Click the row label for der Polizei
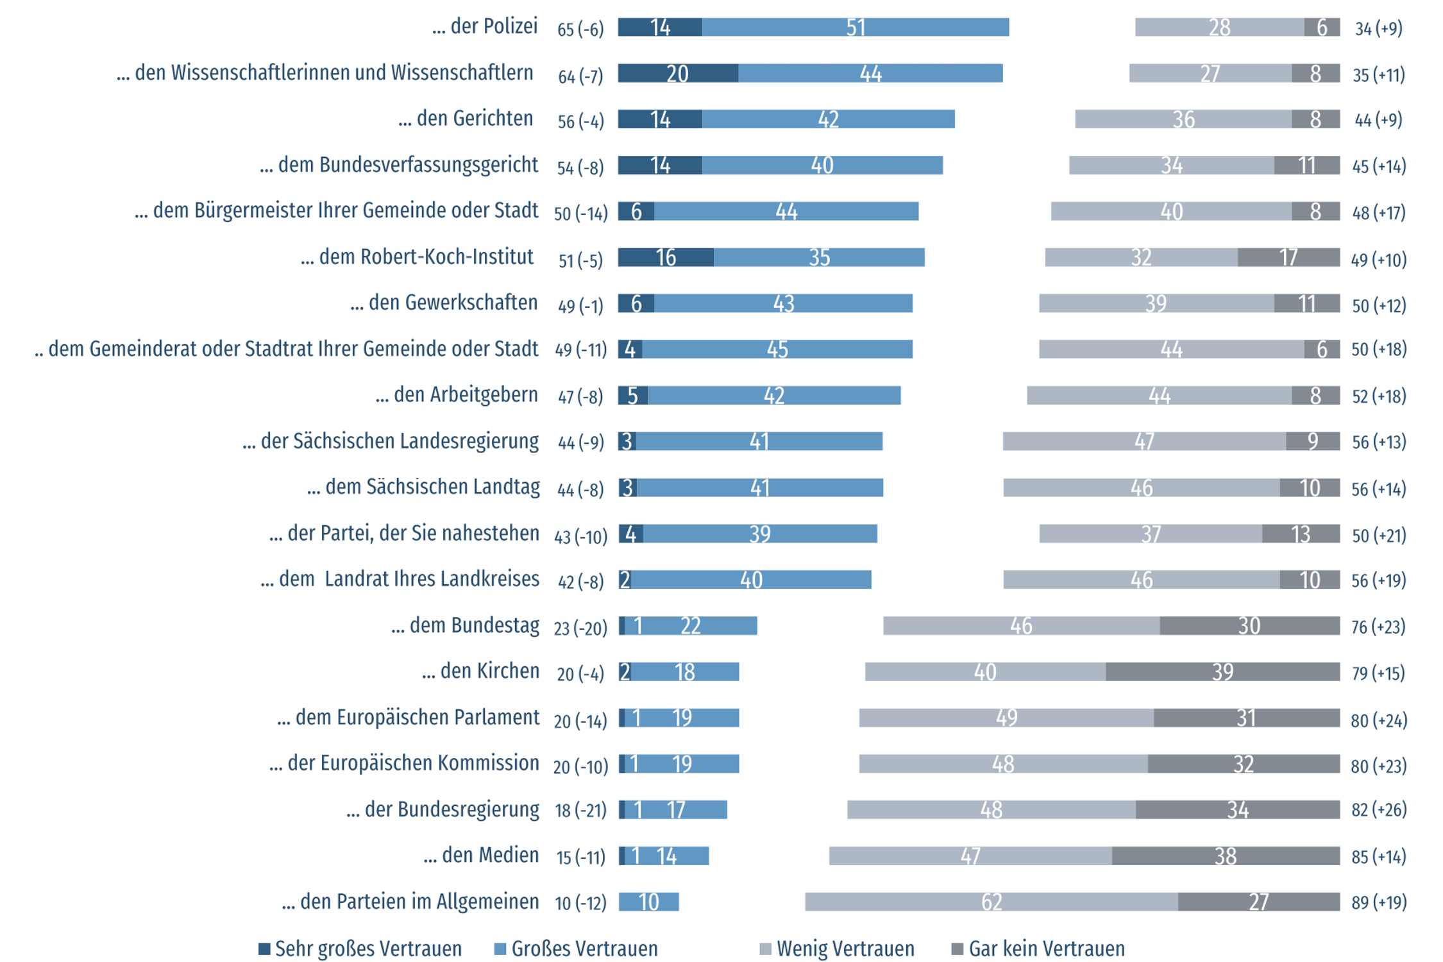tap(485, 26)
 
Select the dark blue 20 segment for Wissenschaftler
tap(677, 73)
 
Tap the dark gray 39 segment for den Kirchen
tap(1222, 671)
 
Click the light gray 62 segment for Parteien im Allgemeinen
tap(992, 902)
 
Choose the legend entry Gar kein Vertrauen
tap(1038, 949)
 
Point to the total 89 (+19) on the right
tap(1379, 902)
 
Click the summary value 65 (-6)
tap(580, 29)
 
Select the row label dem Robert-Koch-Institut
tap(418, 257)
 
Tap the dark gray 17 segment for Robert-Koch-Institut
tap(1288, 257)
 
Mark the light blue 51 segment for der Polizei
tap(856, 27)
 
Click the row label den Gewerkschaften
tap(444, 302)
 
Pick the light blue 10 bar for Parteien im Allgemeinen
tap(648, 902)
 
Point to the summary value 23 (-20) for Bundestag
tap(580, 627)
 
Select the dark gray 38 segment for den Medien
tap(1226, 856)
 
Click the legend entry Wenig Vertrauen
tap(837, 949)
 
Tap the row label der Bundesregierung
tap(443, 809)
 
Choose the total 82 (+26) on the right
tap(1379, 809)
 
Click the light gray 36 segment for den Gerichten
tap(1183, 119)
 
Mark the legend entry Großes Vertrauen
tap(577, 949)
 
